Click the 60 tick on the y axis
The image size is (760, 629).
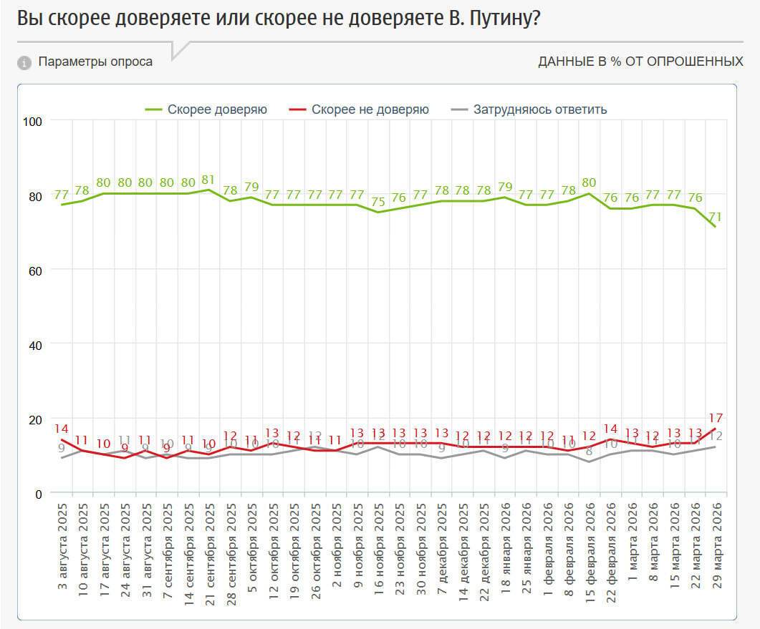click(x=37, y=270)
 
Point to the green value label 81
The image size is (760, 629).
click(x=208, y=180)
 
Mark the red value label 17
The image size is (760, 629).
click(x=716, y=418)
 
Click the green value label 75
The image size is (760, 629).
click(x=378, y=202)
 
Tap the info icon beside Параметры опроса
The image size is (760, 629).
click(x=24, y=63)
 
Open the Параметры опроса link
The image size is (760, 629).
click(x=95, y=62)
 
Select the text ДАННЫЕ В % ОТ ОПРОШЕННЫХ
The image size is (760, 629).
click(x=640, y=62)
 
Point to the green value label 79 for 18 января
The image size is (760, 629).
click(x=506, y=187)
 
